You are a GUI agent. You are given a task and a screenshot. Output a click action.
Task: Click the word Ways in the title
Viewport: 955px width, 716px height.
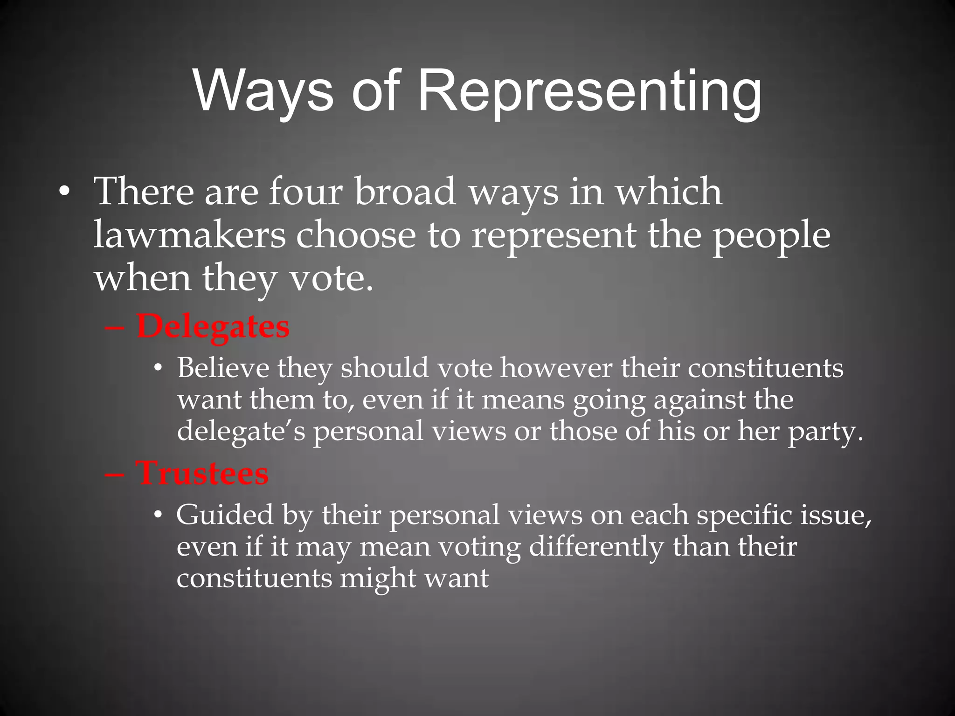point(263,91)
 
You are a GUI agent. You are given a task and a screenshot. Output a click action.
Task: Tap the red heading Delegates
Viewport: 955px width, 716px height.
point(213,326)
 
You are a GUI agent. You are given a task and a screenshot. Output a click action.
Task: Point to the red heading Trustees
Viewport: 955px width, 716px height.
point(202,473)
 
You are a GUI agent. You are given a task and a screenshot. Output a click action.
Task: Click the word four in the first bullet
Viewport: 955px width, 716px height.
point(305,192)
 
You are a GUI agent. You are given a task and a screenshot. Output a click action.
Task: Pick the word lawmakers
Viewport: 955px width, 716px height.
point(189,235)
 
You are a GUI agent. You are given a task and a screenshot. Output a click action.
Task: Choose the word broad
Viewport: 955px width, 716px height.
point(405,192)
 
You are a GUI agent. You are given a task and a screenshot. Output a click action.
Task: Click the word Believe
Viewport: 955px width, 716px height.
point(223,368)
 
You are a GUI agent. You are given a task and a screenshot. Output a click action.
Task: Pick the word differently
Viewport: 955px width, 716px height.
point(596,547)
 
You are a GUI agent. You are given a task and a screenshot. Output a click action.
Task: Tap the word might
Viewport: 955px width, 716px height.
point(377,578)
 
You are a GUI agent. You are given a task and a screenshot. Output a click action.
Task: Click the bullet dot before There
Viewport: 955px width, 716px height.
point(64,193)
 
